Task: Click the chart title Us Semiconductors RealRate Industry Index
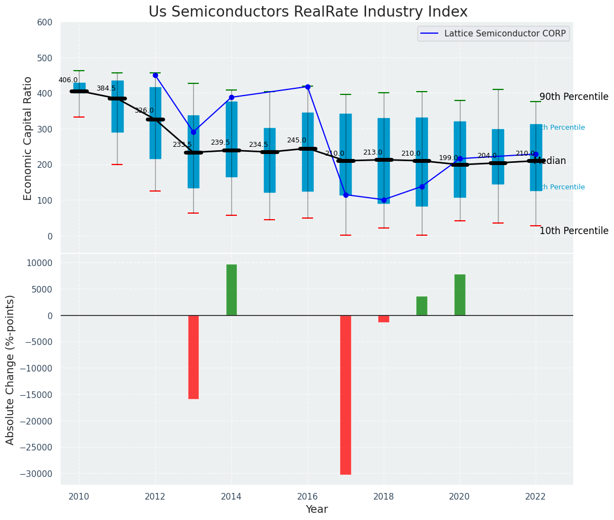pyautogui.click(x=308, y=12)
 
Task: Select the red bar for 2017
pyautogui.click(x=346, y=395)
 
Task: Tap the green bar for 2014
pyautogui.click(x=231, y=290)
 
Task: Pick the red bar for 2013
pyautogui.click(x=193, y=357)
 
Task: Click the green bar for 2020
pyautogui.click(x=460, y=295)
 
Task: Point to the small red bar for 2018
pyautogui.click(x=384, y=319)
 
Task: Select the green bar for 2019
pyautogui.click(x=422, y=306)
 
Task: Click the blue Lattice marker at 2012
pyautogui.click(x=155, y=75)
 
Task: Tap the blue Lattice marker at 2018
pyautogui.click(x=384, y=200)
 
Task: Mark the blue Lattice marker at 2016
pyautogui.click(x=308, y=87)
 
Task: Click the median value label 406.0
pyautogui.click(x=68, y=80)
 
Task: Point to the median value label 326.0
pyautogui.click(x=144, y=110)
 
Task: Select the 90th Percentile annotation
pyautogui.click(x=574, y=97)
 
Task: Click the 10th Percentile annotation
pyautogui.click(x=574, y=231)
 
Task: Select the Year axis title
pyautogui.click(x=316, y=510)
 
